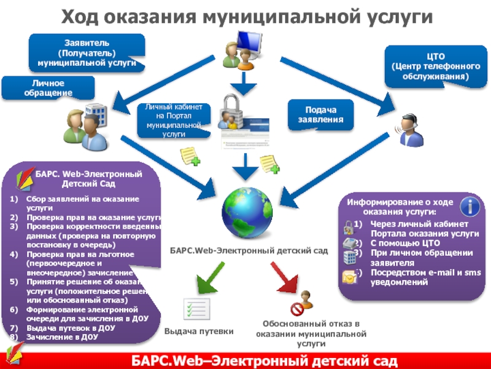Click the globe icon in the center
tap(245, 209)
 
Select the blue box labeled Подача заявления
tap(321, 114)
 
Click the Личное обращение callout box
tap(48, 87)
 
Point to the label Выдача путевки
tap(198, 331)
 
